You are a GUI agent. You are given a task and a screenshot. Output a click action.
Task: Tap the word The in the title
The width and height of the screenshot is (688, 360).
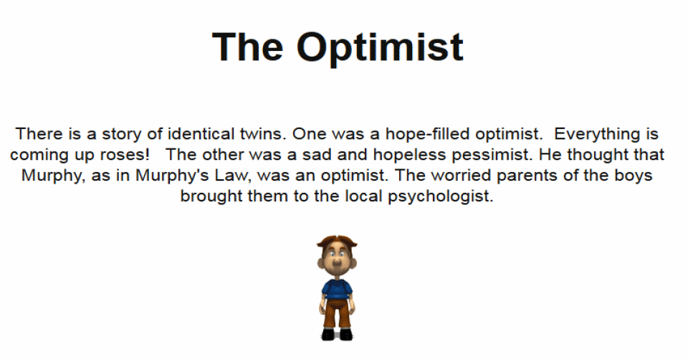pos(248,46)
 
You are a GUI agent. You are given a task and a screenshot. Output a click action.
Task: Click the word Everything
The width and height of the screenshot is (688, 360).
pos(597,134)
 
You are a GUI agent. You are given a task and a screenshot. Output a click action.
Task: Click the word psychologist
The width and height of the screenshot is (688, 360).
pos(441,196)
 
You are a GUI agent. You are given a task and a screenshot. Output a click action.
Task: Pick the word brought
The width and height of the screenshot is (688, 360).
pos(211,196)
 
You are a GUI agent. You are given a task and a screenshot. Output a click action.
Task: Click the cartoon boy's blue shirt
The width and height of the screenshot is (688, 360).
pos(337,289)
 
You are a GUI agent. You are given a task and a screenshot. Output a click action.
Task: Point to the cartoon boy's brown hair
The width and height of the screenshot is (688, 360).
pos(337,242)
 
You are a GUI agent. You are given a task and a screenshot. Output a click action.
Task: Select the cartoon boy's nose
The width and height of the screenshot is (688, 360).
pos(337,263)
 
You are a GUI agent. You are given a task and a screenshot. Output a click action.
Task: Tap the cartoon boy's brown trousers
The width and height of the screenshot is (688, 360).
pos(337,312)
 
